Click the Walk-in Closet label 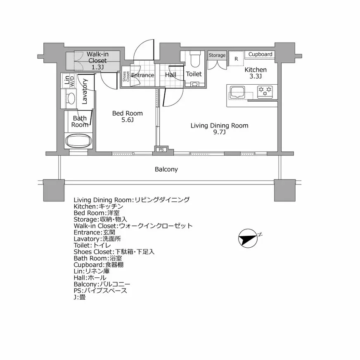[x=97, y=60]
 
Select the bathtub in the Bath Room [x=79, y=140]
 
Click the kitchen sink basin [x=238, y=92]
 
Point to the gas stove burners [x=265, y=92]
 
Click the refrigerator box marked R [x=236, y=59]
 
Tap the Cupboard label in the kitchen [x=260, y=54]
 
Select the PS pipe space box [x=161, y=149]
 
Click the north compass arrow [x=248, y=238]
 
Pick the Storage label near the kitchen [x=217, y=55]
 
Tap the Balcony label [x=166, y=169]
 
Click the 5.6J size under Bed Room [x=127, y=120]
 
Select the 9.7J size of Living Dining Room [x=219, y=132]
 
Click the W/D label [x=72, y=81]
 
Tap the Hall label [x=171, y=75]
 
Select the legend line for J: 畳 [x=80, y=297]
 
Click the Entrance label [x=143, y=76]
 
